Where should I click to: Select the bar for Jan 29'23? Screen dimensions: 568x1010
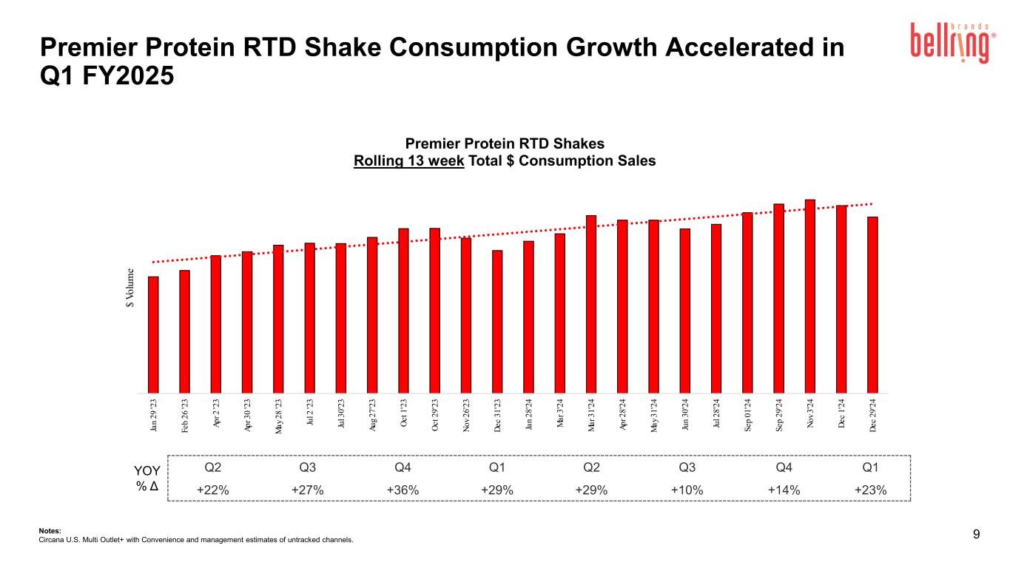click(153, 334)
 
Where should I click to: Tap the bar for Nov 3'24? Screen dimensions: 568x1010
click(810, 295)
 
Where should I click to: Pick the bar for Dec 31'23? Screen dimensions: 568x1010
click(497, 321)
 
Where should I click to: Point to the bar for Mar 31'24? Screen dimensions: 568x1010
click(591, 303)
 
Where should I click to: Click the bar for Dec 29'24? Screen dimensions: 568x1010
click(872, 304)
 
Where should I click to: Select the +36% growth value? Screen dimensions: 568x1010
click(403, 490)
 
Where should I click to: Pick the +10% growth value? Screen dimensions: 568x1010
click(687, 490)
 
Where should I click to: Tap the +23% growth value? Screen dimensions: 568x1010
click(870, 490)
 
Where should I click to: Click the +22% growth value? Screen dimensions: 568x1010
click(212, 490)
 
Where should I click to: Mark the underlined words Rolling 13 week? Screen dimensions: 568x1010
click(409, 160)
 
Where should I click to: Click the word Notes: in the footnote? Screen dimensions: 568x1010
click(50, 530)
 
